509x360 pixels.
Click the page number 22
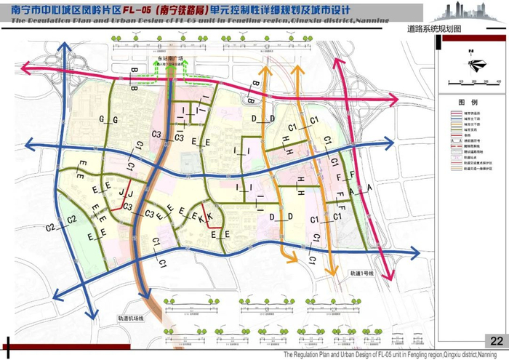coord(497,341)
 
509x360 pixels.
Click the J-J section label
coord(126,194)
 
